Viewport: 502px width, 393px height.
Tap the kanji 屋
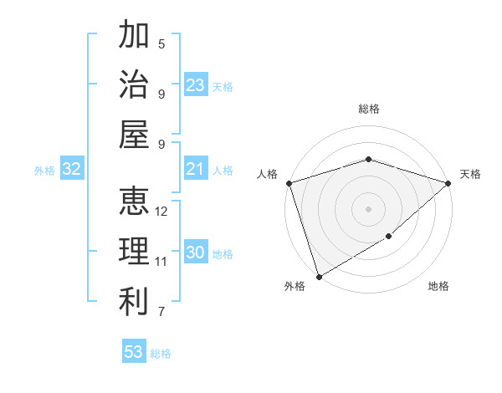pyautogui.click(x=134, y=134)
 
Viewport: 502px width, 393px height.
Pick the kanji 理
pyautogui.click(x=134, y=252)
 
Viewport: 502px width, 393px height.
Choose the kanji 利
pyautogui.click(x=134, y=302)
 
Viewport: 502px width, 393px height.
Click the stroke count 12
pyautogui.click(x=161, y=212)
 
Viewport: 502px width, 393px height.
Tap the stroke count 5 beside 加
pyautogui.click(x=161, y=43)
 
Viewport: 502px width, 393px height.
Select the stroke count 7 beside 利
pyautogui.click(x=161, y=312)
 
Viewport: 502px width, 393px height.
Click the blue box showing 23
pyautogui.click(x=196, y=85)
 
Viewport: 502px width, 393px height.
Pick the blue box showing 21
pyautogui.click(x=196, y=170)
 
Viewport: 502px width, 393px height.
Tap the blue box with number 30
pyautogui.click(x=196, y=253)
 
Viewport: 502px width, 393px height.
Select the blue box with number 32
pyautogui.click(x=72, y=170)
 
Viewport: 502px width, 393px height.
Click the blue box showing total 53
pyautogui.click(x=134, y=352)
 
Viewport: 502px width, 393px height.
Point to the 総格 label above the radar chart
pyautogui.click(x=368, y=109)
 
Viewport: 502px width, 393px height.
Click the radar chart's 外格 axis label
pyautogui.click(x=295, y=286)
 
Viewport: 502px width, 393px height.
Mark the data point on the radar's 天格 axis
pyautogui.click(x=448, y=183)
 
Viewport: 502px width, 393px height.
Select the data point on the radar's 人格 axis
pyautogui.click(x=289, y=183)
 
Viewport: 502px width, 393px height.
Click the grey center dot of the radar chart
pyautogui.click(x=368, y=209)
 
